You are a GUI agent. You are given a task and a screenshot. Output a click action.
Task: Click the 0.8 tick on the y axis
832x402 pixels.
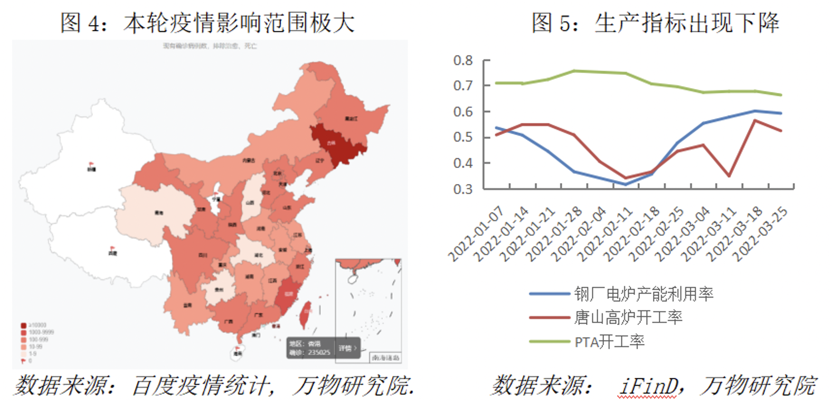(x=462, y=61)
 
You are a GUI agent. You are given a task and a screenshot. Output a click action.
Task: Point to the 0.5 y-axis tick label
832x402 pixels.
(x=462, y=137)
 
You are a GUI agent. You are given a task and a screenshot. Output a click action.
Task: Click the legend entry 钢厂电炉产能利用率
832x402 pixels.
(x=644, y=293)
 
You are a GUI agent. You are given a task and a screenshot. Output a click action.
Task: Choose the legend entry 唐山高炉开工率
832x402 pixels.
(x=628, y=317)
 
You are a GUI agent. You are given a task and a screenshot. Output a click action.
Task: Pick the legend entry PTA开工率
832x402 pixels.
(x=609, y=342)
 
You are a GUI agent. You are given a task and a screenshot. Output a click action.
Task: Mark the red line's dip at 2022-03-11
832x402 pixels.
(x=729, y=176)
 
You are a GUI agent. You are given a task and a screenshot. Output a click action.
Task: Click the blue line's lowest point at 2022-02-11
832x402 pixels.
(x=626, y=184)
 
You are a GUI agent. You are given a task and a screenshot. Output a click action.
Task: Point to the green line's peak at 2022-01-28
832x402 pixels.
(x=574, y=71)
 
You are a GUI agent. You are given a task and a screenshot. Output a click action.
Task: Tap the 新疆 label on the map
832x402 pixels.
(x=91, y=169)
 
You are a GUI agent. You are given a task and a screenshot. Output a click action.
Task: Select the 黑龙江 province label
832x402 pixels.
(x=351, y=119)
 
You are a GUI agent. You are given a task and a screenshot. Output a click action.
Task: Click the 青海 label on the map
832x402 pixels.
(x=159, y=213)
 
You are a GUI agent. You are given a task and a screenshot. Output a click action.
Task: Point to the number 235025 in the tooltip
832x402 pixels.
(x=319, y=352)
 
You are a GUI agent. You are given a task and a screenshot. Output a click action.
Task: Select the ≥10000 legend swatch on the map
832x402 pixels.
(x=24, y=326)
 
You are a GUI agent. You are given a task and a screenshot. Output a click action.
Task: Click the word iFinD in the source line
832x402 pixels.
(x=648, y=386)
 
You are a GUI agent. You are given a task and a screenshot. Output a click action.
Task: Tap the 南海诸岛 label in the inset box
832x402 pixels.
(x=385, y=358)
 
